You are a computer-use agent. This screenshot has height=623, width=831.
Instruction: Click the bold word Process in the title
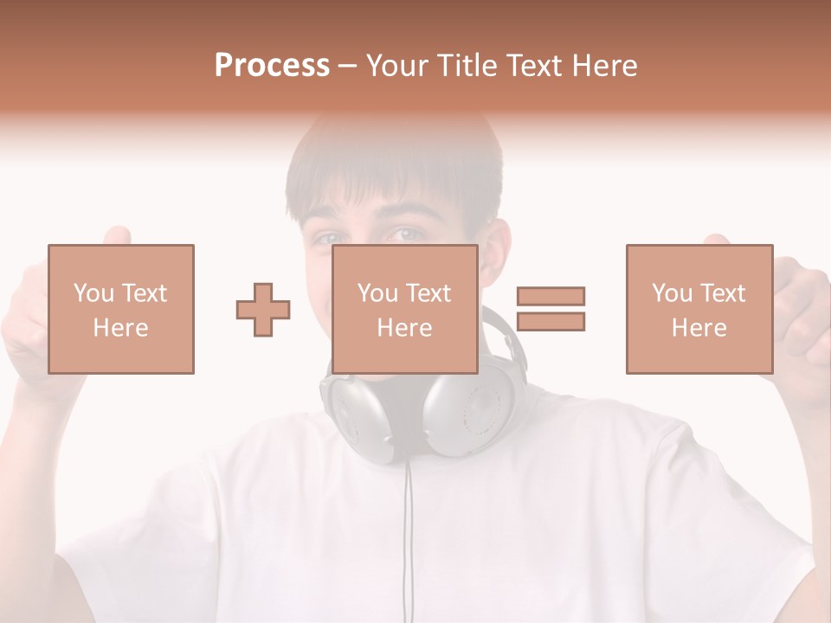272,66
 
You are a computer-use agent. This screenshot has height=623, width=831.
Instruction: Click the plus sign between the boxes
263,310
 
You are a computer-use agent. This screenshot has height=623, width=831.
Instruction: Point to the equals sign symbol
551,309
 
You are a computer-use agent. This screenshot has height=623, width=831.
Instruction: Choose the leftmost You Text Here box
121,309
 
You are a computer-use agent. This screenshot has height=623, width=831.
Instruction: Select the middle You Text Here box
405,309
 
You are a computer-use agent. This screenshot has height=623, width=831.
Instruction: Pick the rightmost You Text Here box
699,309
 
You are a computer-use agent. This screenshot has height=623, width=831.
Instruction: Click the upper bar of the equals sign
551,297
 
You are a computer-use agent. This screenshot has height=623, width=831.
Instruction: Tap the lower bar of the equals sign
551,321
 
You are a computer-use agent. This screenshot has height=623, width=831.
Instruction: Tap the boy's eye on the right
407,234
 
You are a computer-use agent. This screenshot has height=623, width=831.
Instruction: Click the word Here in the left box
121,328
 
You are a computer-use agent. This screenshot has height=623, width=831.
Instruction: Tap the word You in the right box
672,293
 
